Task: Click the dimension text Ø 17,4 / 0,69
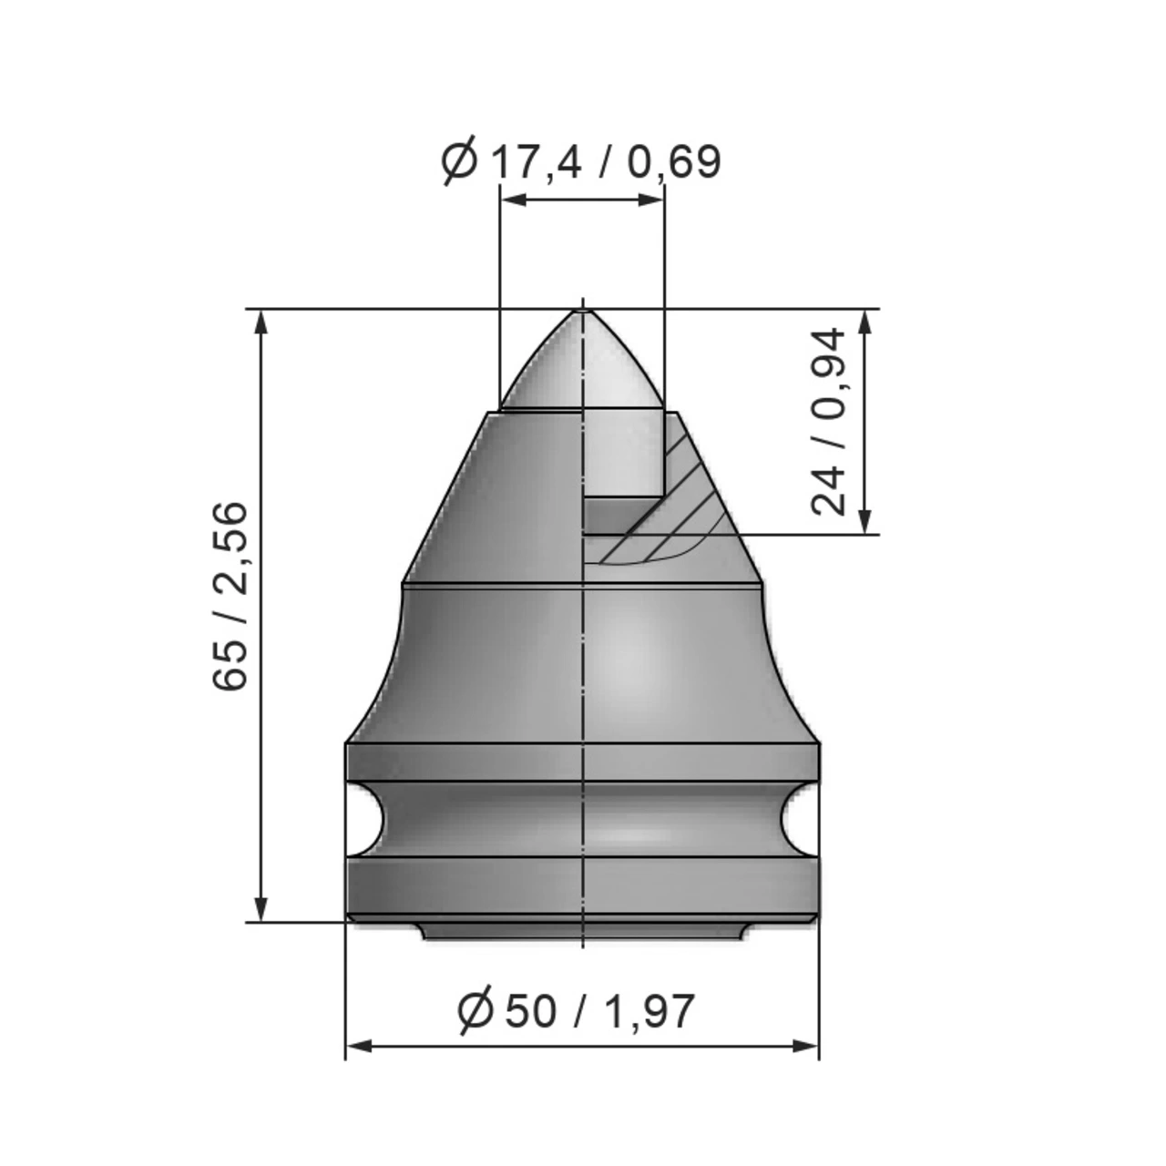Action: [x=581, y=162]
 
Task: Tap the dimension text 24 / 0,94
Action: [x=829, y=422]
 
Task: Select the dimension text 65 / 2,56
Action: [x=230, y=596]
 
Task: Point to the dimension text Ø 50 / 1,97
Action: [x=577, y=1010]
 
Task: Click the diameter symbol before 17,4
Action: [x=459, y=162]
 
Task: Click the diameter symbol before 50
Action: [x=476, y=1010]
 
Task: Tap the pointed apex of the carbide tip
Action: [x=581, y=312]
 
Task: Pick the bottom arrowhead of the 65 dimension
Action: [x=261, y=910]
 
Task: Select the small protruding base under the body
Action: [x=581, y=931]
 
